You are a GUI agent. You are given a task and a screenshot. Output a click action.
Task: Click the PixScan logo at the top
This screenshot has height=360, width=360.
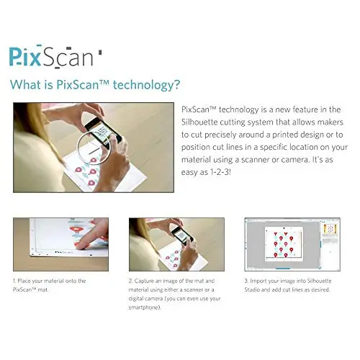point(55,57)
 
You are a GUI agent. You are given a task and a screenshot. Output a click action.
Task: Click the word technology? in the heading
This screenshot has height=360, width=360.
point(146,85)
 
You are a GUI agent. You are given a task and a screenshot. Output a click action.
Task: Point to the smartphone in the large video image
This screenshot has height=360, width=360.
point(103,132)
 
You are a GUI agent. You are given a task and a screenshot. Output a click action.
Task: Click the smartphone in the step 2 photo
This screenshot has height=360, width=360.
point(182,235)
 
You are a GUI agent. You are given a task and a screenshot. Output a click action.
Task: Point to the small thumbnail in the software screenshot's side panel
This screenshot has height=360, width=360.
point(330,228)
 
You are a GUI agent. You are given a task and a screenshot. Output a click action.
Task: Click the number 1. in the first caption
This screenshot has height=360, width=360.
point(14,281)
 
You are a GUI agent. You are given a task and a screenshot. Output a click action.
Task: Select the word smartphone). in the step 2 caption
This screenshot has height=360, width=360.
point(145,307)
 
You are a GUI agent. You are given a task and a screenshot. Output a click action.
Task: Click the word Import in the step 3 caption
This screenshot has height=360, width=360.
point(258,281)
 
